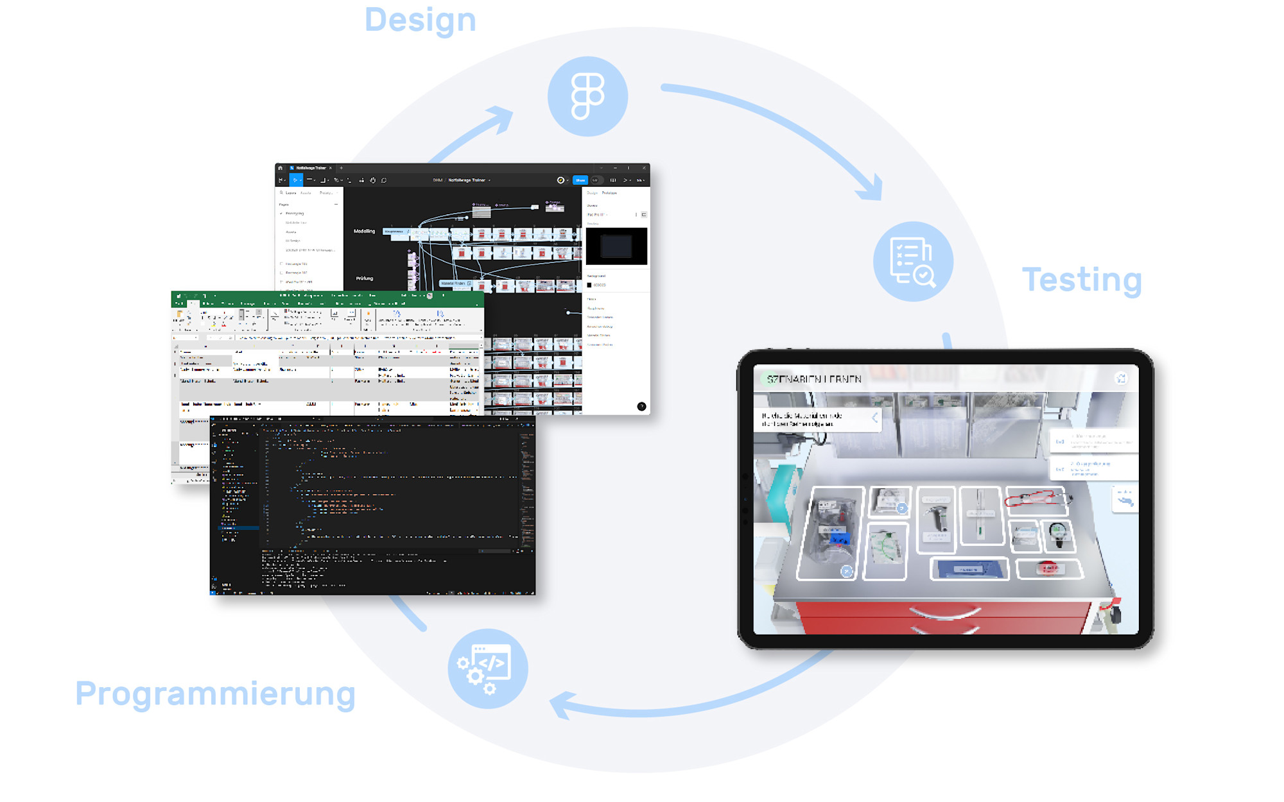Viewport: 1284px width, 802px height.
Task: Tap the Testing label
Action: pyautogui.click(x=1082, y=280)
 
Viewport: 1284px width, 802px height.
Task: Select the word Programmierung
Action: pyautogui.click(x=215, y=694)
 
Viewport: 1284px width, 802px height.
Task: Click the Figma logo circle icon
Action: pyautogui.click(x=587, y=96)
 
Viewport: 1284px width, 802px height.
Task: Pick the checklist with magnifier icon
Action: pyautogui.click(x=913, y=261)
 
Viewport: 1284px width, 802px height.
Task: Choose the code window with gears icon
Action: pyautogui.click(x=488, y=669)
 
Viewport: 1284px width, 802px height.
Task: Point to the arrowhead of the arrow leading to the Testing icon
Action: pyautogui.click(x=873, y=189)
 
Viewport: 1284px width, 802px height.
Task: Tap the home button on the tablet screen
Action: pyautogui.click(x=1121, y=379)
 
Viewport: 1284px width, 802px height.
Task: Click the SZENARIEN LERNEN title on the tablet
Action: pyautogui.click(x=814, y=379)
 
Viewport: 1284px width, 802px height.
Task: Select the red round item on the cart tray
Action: pyautogui.click(x=1048, y=568)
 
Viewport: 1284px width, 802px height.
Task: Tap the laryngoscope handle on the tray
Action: pyautogui.click(x=936, y=517)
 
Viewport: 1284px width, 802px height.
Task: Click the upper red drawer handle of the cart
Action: pyautogui.click(x=944, y=613)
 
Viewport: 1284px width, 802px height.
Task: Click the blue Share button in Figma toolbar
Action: pyautogui.click(x=580, y=180)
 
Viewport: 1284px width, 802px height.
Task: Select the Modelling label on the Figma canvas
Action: pyautogui.click(x=364, y=231)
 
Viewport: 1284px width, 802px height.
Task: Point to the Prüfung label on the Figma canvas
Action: pyautogui.click(x=364, y=278)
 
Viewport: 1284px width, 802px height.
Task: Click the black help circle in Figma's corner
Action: pyautogui.click(x=641, y=406)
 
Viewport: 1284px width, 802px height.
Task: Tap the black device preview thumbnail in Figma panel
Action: pyautogui.click(x=616, y=246)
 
